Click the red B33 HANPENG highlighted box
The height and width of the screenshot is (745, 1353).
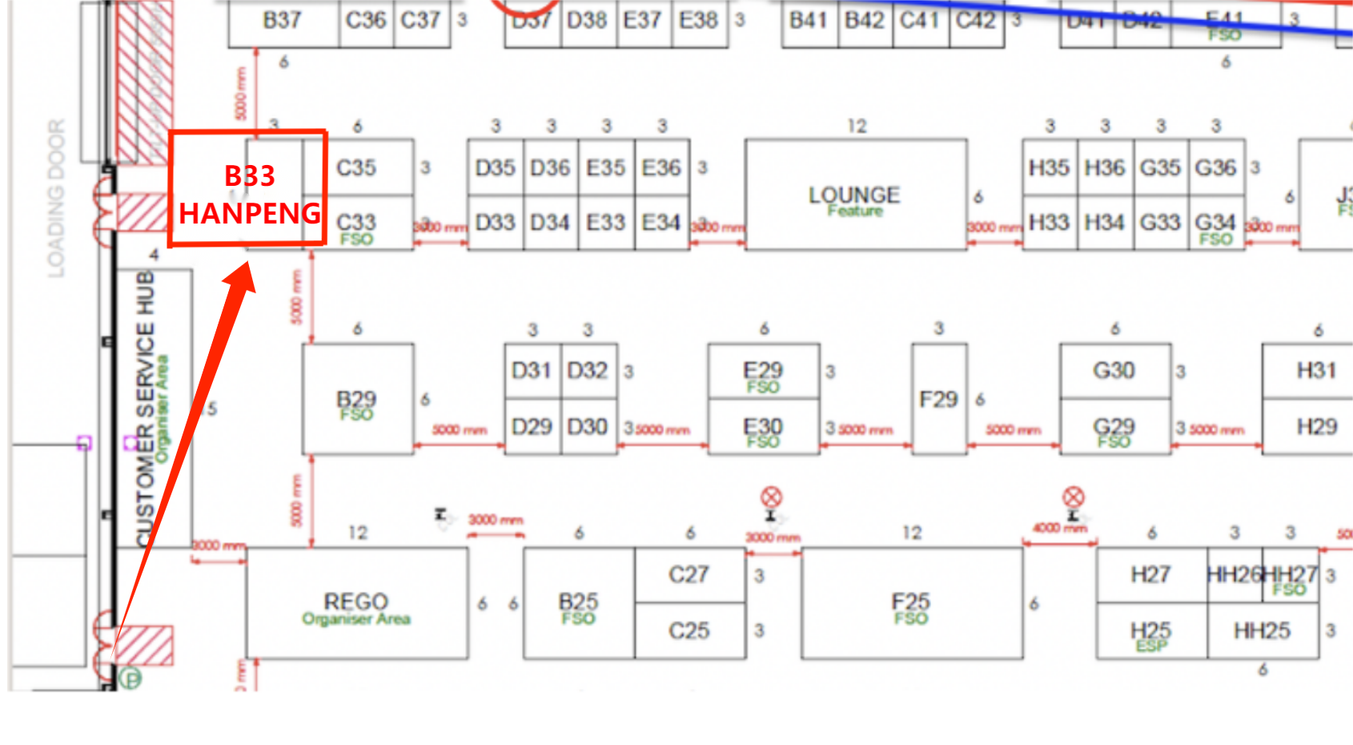(x=248, y=188)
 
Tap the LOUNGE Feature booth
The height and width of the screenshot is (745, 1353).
(x=855, y=195)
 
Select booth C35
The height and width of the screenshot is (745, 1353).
(x=356, y=168)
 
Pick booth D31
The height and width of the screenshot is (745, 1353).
(x=532, y=371)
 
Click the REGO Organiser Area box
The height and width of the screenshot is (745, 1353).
(x=356, y=604)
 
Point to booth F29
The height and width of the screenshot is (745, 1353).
(x=938, y=399)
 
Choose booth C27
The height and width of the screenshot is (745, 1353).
(x=689, y=574)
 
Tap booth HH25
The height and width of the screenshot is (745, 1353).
(x=1262, y=631)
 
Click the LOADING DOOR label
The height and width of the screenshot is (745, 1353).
(x=56, y=199)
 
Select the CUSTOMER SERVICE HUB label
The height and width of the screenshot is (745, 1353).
(x=145, y=409)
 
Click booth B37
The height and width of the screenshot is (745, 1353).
(x=282, y=21)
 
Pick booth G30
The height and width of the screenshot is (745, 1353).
(x=1114, y=371)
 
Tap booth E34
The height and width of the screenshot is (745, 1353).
(x=661, y=223)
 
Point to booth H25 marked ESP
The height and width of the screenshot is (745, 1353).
(x=1150, y=633)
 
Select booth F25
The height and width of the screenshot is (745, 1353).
(x=911, y=604)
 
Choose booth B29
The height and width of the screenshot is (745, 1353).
(x=356, y=401)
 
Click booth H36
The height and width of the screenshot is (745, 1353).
(x=1105, y=168)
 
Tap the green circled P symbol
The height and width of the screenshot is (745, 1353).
(x=130, y=679)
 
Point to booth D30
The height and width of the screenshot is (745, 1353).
(x=588, y=427)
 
